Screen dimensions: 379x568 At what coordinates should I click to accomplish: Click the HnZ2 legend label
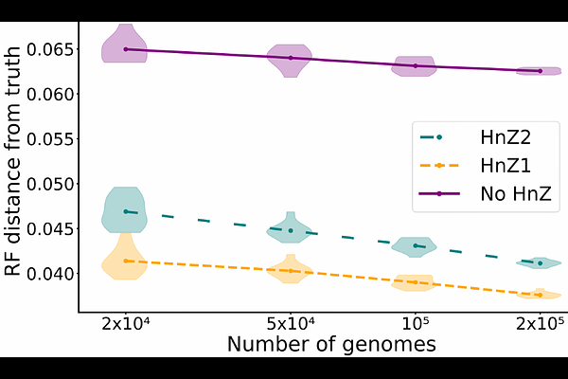505,137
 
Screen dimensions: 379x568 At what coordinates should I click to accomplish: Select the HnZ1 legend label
505,166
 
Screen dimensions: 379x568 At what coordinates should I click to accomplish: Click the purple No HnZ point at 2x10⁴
126,49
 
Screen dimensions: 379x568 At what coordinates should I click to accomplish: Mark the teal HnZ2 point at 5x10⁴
290,230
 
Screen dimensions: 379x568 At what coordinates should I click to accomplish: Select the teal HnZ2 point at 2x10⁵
540,263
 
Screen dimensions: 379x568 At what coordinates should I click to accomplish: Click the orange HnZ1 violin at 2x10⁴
126,261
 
